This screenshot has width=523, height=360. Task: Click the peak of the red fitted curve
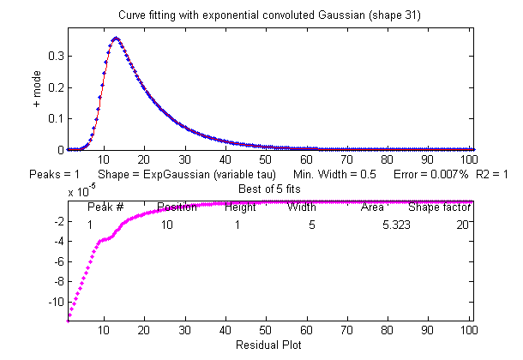coord(115,38)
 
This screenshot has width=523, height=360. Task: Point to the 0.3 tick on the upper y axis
coord(57,56)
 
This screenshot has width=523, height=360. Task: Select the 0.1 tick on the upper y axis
coord(57,118)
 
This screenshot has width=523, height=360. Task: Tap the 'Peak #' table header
coord(106,207)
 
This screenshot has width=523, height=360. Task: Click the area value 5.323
coord(396,224)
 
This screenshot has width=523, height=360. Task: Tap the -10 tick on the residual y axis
coord(56,302)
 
